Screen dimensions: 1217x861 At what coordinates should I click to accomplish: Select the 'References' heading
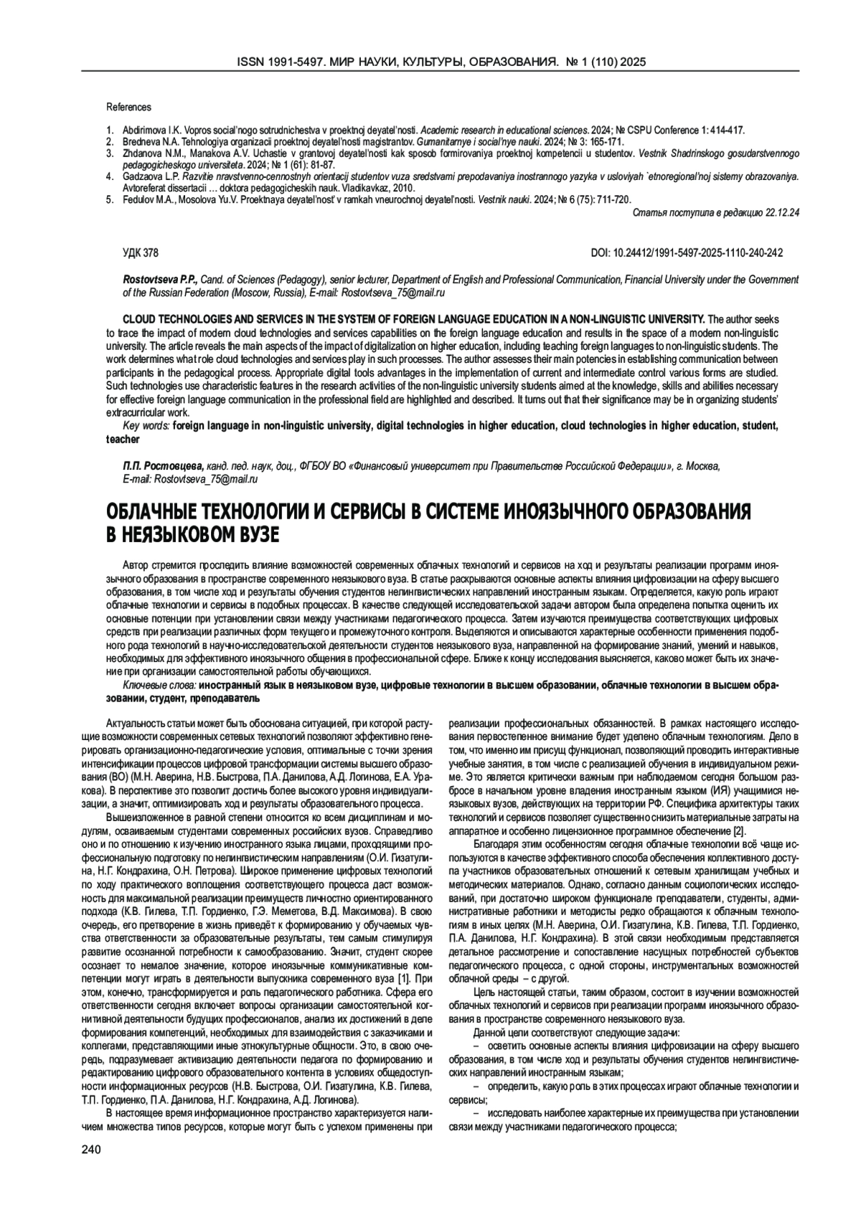(128, 108)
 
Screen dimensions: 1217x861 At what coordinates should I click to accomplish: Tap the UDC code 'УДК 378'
(141, 253)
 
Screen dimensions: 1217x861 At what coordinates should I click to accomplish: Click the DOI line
(687, 253)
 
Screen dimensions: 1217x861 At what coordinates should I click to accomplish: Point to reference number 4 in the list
(110, 175)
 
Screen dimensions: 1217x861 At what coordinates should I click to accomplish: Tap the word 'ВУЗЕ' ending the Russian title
(252, 534)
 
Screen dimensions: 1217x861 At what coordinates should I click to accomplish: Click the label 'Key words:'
(146, 426)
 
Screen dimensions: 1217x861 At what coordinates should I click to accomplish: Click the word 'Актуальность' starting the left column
(134, 721)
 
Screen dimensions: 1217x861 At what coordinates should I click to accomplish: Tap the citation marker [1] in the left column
(403, 977)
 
